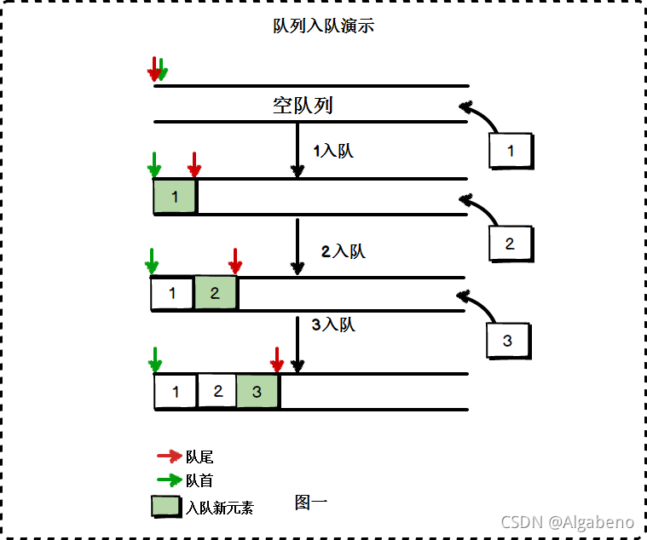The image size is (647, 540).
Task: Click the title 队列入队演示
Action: (323, 26)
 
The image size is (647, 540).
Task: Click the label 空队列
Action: (303, 106)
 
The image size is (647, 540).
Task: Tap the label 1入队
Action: (332, 152)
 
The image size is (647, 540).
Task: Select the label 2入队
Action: (343, 251)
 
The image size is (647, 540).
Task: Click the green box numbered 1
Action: (175, 197)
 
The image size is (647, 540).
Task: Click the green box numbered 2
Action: (215, 294)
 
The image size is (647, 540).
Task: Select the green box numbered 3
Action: (257, 392)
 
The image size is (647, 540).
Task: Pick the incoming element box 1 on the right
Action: (511, 152)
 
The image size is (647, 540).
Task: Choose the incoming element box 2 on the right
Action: (510, 244)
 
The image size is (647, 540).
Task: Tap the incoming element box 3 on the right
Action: (507, 341)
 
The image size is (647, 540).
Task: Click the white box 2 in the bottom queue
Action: (217, 392)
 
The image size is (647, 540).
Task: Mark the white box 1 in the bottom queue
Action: (176, 393)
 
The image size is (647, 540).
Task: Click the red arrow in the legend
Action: (170, 457)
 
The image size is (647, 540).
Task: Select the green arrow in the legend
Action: (170, 480)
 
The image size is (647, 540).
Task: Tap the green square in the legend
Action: (166, 506)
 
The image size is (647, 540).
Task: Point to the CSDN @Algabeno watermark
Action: (567, 521)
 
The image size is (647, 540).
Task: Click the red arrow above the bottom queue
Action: (277, 359)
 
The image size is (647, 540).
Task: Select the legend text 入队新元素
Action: (219, 508)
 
